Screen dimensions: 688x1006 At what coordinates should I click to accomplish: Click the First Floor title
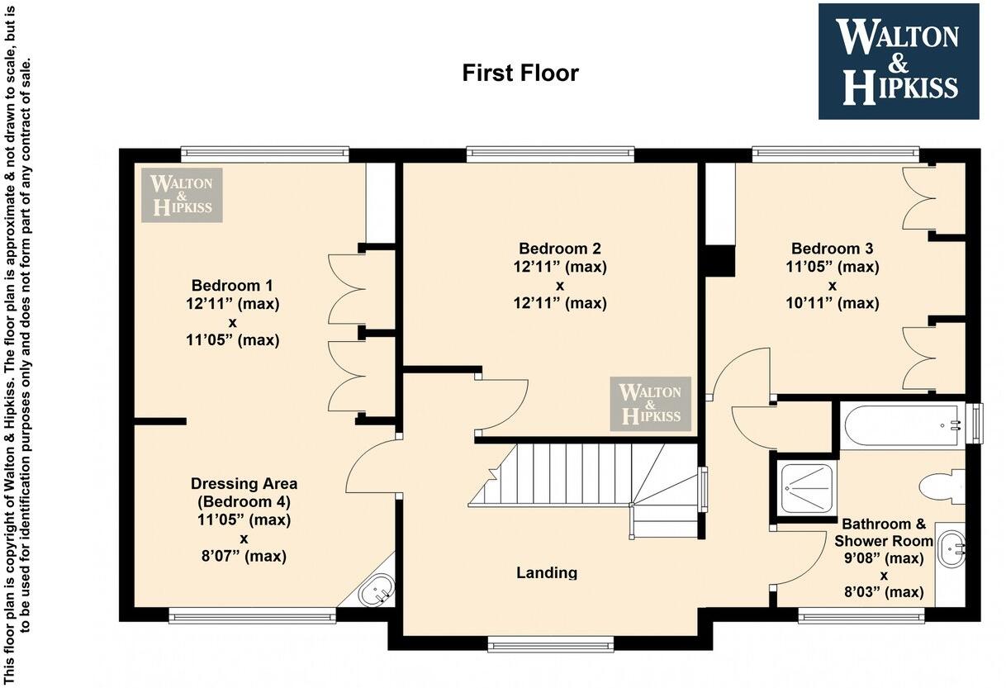(x=520, y=73)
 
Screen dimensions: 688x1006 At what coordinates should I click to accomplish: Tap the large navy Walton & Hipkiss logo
(x=898, y=61)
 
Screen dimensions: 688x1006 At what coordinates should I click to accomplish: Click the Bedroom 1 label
(x=233, y=286)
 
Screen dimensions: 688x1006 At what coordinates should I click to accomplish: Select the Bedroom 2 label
(x=559, y=249)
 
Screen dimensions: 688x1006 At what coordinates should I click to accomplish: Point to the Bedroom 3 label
(x=832, y=249)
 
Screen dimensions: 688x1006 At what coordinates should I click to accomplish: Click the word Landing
(x=547, y=572)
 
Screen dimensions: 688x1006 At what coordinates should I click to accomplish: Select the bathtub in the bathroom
(x=903, y=425)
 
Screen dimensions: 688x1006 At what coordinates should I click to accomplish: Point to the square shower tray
(x=804, y=487)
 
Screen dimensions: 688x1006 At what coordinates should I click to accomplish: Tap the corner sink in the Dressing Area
(x=378, y=590)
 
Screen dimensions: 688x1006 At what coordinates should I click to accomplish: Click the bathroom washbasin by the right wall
(x=951, y=547)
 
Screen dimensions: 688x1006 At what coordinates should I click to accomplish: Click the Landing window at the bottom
(x=550, y=643)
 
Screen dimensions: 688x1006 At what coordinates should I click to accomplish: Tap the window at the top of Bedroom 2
(x=550, y=154)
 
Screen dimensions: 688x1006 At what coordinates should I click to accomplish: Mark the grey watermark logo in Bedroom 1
(x=182, y=195)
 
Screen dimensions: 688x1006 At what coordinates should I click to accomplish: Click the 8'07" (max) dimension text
(x=244, y=557)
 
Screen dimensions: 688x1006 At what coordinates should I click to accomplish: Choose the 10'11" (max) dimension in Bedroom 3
(x=832, y=303)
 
